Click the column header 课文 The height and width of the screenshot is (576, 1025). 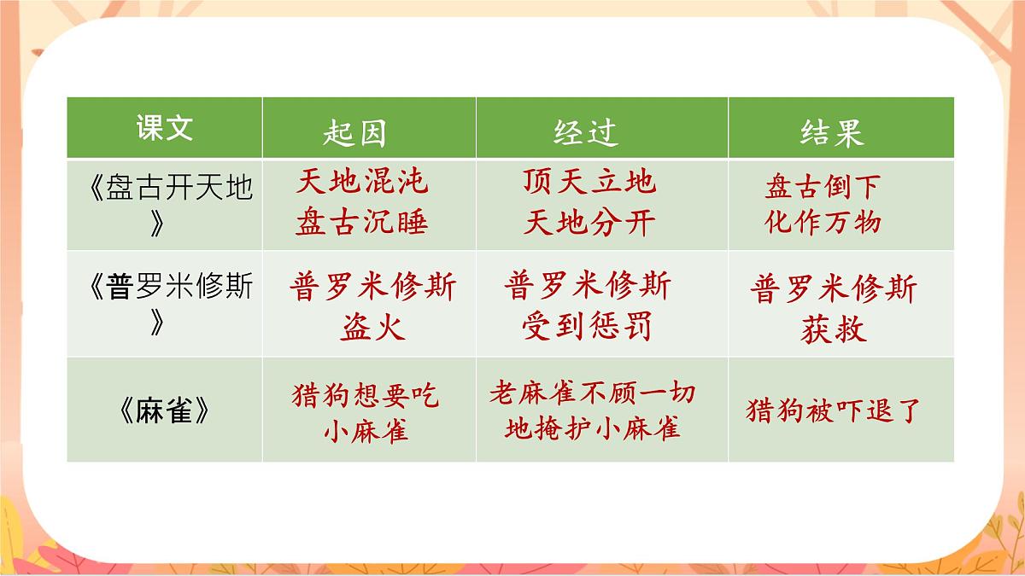pyautogui.click(x=165, y=128)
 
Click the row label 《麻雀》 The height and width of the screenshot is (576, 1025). pyautogui.click(x=165, y=410)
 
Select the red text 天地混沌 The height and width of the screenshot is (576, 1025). pyautogui.click(x=363, y=182)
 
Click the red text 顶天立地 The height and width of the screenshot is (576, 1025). pyautogui.click(x=590, y=182)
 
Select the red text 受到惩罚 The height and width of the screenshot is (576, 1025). pyautogui.click(x=588, y=326)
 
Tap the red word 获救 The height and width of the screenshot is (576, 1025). pyautogui.click(x=834, y=329)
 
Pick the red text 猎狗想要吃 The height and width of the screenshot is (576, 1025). pyautogui.click(x=366, y=395)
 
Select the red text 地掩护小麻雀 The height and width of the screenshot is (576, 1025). pyautogui.click(x=593, y=428)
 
